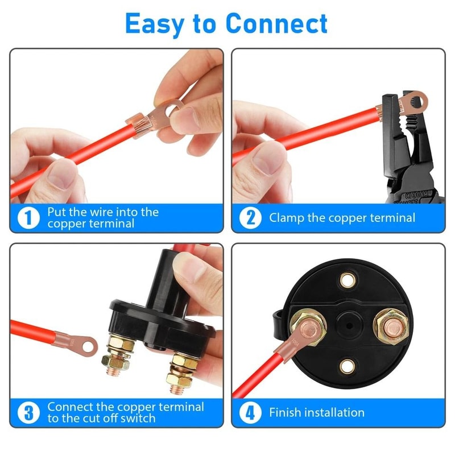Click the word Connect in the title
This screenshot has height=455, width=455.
(x=276, y=24)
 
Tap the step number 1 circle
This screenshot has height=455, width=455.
(x=28, y=218)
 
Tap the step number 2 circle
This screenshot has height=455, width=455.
(x=250, y=218)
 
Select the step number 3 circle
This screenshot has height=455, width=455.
(x=28, y=413)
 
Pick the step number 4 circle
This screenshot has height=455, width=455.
(x=250, y=413)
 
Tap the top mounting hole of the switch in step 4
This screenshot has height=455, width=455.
(x=346, y=280)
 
